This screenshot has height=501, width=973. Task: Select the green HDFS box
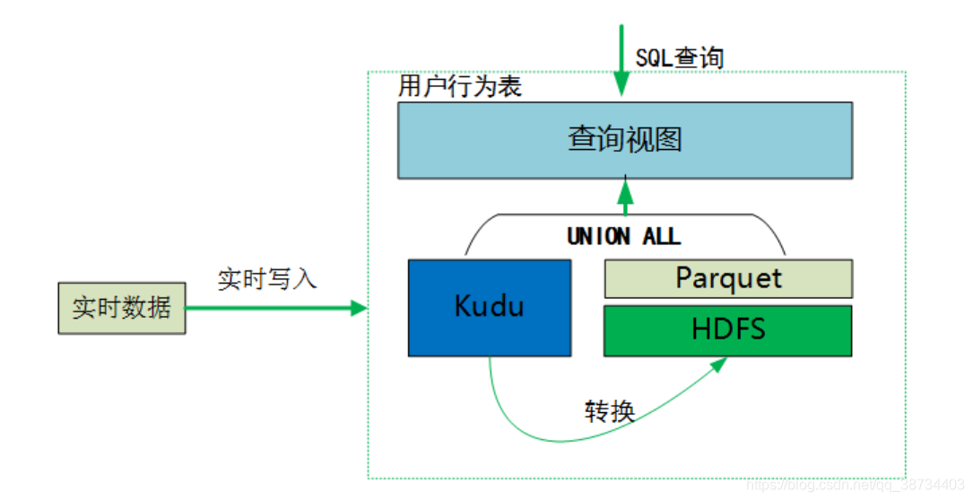728,330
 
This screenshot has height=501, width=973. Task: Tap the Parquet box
728,278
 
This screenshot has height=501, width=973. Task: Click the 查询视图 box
625,140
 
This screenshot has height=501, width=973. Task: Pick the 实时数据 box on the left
122,308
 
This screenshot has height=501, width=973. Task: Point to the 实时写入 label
267,278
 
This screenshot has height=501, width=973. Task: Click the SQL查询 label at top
680,57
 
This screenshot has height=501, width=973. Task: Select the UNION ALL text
624,236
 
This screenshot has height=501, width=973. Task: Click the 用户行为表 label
460,87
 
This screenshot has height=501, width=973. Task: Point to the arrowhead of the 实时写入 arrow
359,308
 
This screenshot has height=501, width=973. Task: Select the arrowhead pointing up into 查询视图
625,189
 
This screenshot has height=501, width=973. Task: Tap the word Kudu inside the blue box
489,306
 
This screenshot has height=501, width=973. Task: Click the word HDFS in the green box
728,330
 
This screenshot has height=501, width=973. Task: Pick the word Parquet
728,277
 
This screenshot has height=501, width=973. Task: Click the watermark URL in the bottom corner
856,485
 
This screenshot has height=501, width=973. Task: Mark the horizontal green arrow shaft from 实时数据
269,308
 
